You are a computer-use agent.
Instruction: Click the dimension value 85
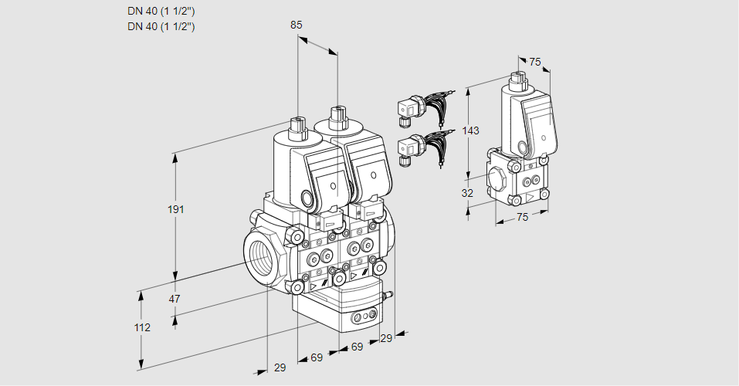296,25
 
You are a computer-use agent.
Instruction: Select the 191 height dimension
178,209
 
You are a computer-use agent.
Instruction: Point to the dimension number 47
175,299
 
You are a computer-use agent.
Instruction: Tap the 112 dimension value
141,327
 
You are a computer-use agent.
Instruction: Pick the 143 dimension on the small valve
470,130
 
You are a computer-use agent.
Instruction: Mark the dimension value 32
467,193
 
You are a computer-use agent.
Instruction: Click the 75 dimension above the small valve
534,63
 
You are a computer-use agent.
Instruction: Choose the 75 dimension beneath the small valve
522,218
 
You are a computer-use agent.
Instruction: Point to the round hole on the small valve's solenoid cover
523,147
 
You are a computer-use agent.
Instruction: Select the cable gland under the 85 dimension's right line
337,117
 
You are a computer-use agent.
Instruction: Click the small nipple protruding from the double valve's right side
389,294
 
